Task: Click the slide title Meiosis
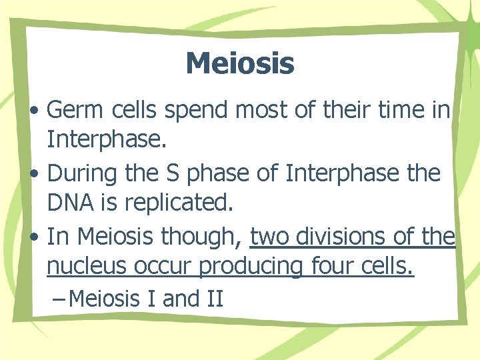click(x=240, y=64)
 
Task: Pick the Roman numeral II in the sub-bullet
click(x=213, y=298)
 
